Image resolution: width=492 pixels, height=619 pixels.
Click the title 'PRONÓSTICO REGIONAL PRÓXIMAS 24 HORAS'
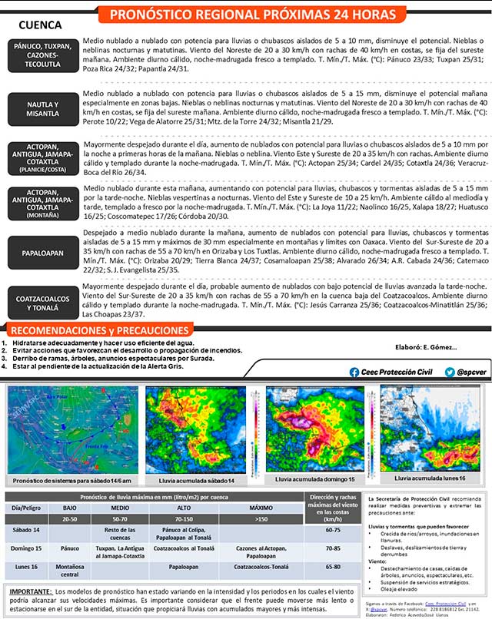coord(253,15)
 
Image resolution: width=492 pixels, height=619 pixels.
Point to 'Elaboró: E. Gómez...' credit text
coord(425,346)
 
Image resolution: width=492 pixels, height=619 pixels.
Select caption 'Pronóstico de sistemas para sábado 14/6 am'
coord(70,479)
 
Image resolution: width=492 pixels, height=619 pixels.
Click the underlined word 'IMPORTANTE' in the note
coord(30,592)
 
